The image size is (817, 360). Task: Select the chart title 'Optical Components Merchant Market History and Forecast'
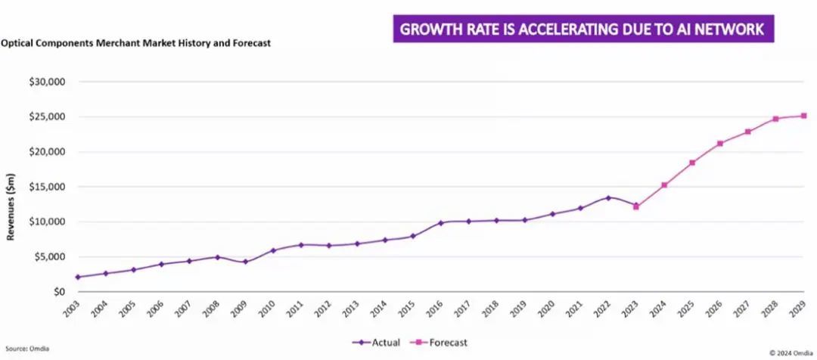[x=135, y=43]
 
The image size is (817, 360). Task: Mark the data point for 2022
[x=608, y=198]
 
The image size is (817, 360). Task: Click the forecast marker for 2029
[x=803, y=116]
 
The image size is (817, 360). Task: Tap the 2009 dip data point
[x=245, y=262]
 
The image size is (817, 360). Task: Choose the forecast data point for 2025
[x=692, y=163]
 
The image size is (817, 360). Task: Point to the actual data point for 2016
[x=441, y=223]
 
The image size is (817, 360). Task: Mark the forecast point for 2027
[x=748, y=132]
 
